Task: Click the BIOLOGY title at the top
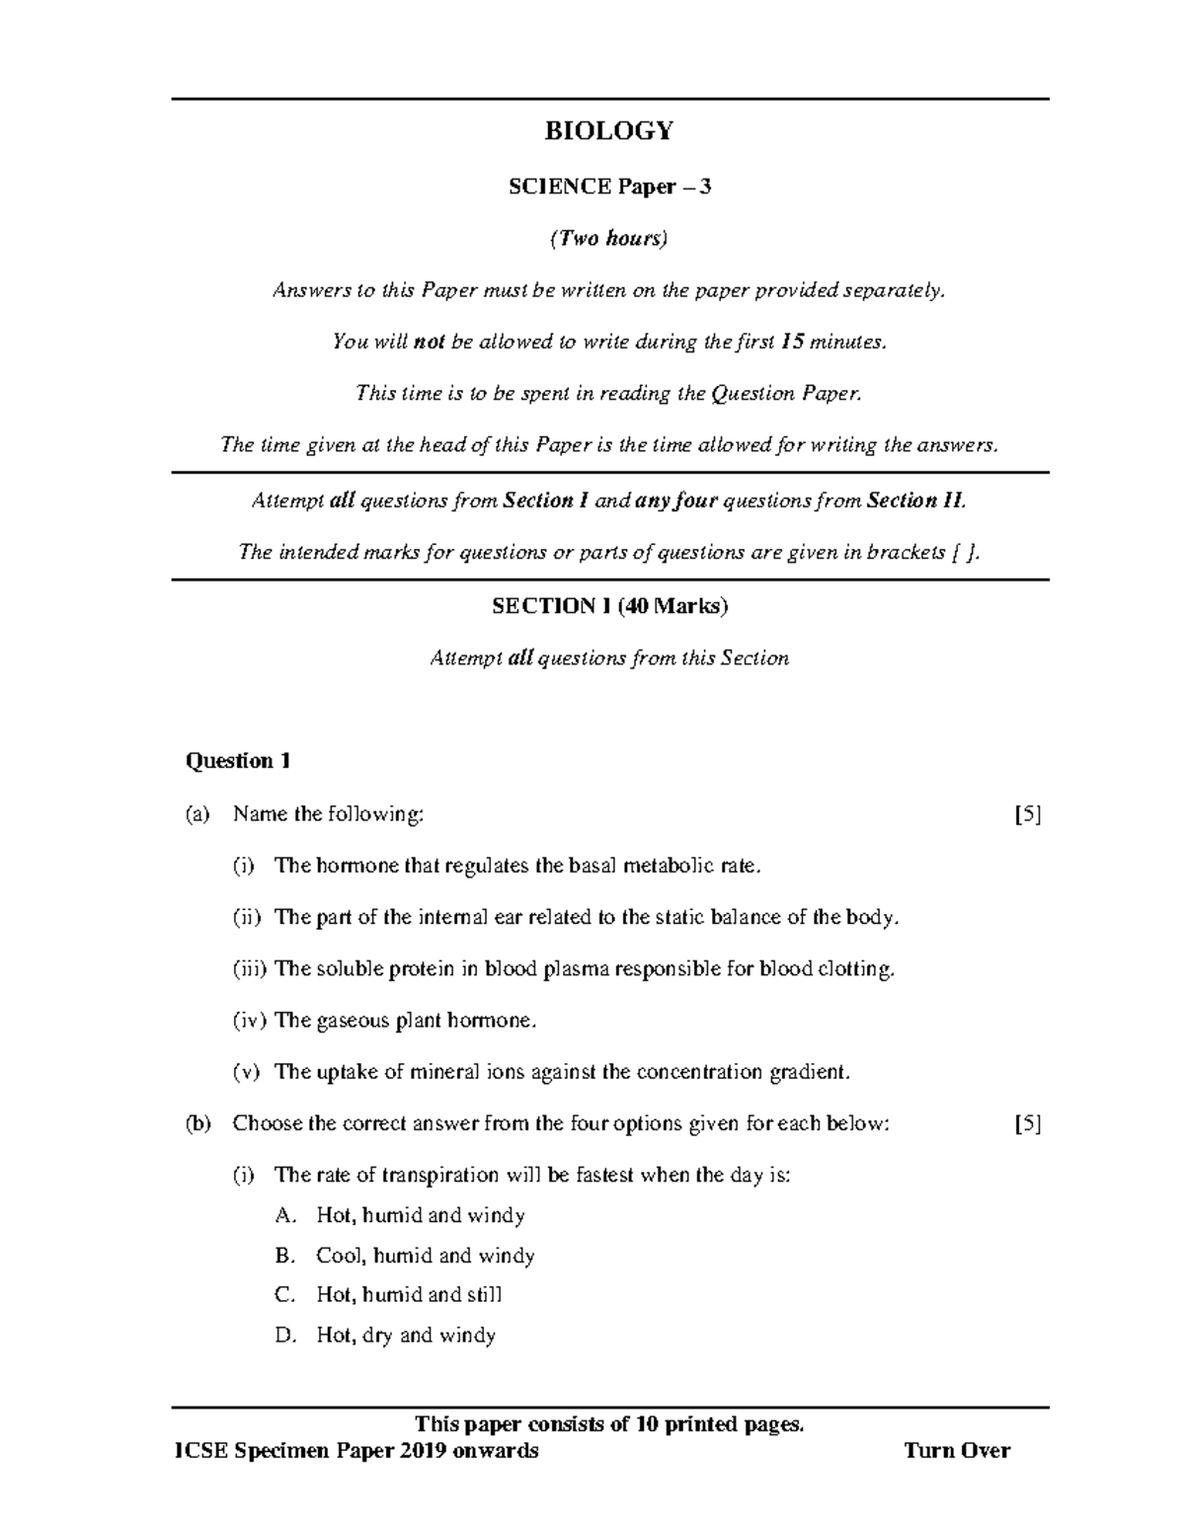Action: click(x=609, y=131)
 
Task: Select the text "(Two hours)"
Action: click(x=609, y=238)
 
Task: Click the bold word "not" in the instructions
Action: click(x=430, y=342)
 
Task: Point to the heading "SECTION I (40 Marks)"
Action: click(x=609, y=606)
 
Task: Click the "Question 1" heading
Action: click(x=238, y=761)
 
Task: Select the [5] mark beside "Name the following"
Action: click(x=1028, y=814)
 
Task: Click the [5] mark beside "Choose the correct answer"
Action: click(x=1028, y=1123)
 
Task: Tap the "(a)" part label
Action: click(x=197, y=814)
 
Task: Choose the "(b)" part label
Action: click(x=197, y=1123)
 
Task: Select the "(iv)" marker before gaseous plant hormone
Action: click(x=249, y=1020)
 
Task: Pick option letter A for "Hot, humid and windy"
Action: click(x=285, y=1215)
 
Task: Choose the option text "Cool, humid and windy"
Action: click(x=425, y=1256)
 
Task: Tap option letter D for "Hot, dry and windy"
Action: click(x=285, y=1336)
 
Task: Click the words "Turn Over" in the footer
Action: click(x=957, y=1450)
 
